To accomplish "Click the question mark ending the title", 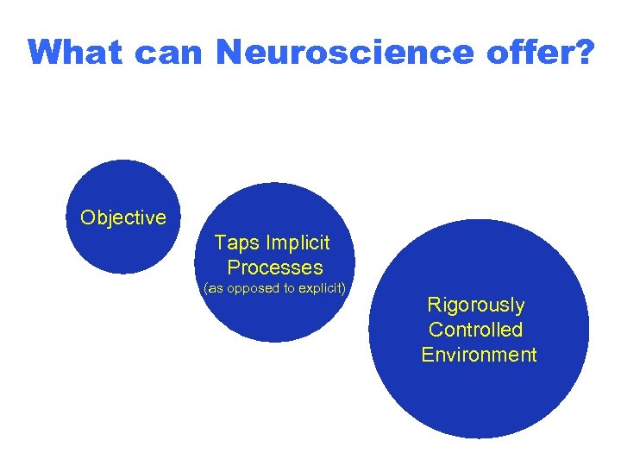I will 583,53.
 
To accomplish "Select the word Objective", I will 122,217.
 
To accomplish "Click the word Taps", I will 235,242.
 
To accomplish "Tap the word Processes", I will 275,268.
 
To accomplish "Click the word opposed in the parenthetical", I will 254,288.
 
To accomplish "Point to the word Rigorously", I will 476,305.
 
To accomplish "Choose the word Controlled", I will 476,330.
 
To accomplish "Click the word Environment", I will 479,355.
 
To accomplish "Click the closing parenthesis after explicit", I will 343,288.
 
